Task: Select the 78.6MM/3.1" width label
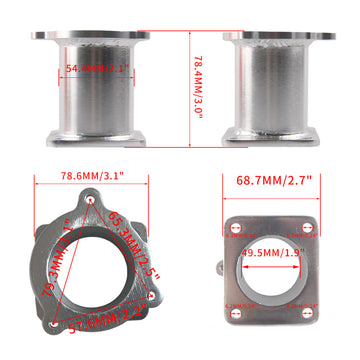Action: click(x=93, y=175)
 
